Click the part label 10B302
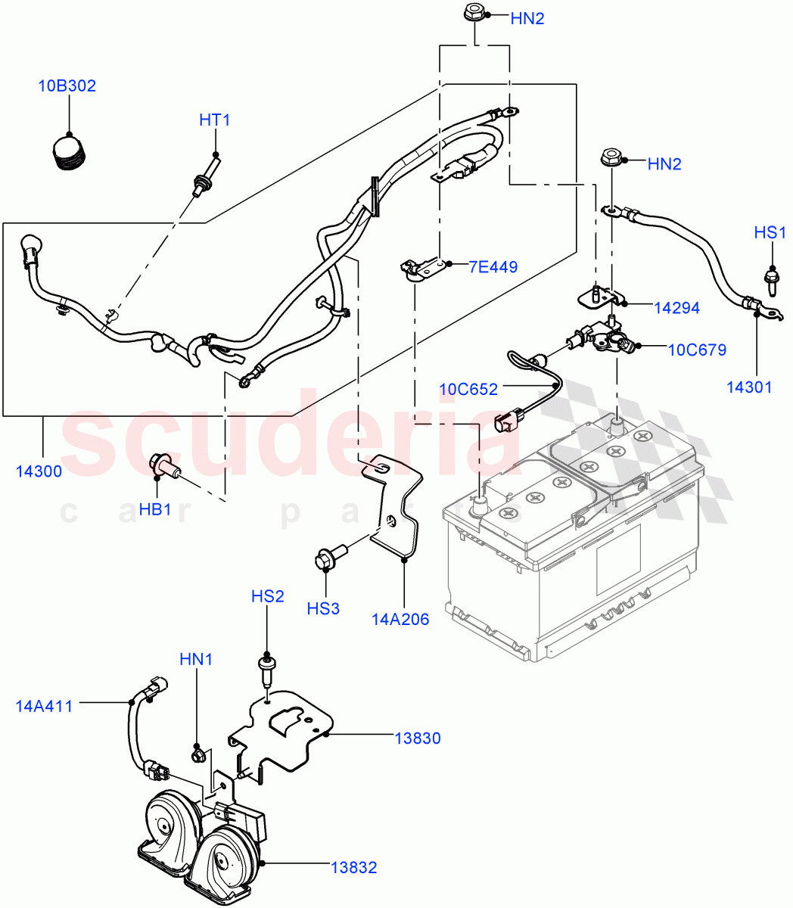(x=67, y=86)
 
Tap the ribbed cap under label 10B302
(x=70, y=151)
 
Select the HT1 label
(x=214, y=120)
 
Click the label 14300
(x=39, y=471)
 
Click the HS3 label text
(x=324, y=608)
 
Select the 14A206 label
(x=400, y=620)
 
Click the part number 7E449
(x=493, y=266)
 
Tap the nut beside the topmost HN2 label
(x=473, y=13)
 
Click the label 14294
(x=676, y=308)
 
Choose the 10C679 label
(x=697, y=350)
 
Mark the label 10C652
(x=468, y=390)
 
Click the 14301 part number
(x=749, y=387)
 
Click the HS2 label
(x=268, y=596)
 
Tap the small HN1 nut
(x=198, y=754)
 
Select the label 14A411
(x=44, y=707)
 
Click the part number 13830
(x=417, y=738)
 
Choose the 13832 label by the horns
(x=353, y=867)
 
